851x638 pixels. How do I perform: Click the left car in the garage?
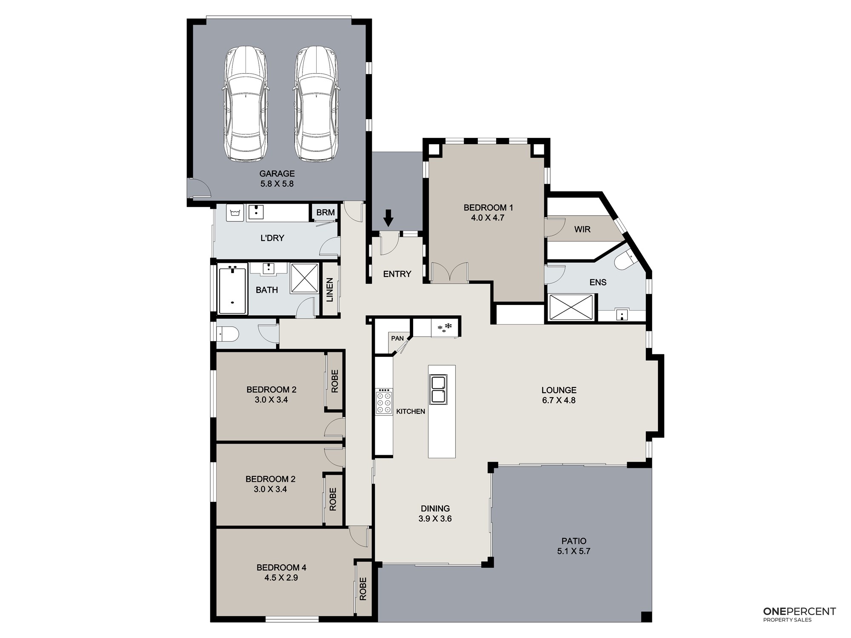pos(246,104)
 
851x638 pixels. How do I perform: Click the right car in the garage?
pos(317,104)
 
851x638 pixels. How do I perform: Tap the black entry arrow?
pos(388,218)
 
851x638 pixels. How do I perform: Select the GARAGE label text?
pos(277,174)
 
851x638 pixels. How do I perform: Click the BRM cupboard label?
pos(326,212)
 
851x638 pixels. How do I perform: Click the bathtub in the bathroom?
pos(232,289)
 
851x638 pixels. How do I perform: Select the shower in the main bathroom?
pos(305,278)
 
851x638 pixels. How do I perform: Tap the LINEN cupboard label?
pos(330,290)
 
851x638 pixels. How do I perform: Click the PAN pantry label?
pos(397,339)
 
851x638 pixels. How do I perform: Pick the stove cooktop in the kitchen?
pos(384,402)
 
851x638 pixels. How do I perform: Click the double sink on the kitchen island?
pos(438,389)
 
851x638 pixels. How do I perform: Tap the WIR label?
pos(582,230)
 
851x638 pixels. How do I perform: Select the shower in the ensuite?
pos(571,307)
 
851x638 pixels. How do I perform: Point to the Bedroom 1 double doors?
pos(449,273)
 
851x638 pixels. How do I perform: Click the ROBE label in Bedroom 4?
pos(363,589)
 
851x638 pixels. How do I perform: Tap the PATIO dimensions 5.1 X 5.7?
pos(574,551)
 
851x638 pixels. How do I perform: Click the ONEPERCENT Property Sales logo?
pos(800,614)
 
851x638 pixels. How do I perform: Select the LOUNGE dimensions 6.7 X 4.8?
pos(559,400)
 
